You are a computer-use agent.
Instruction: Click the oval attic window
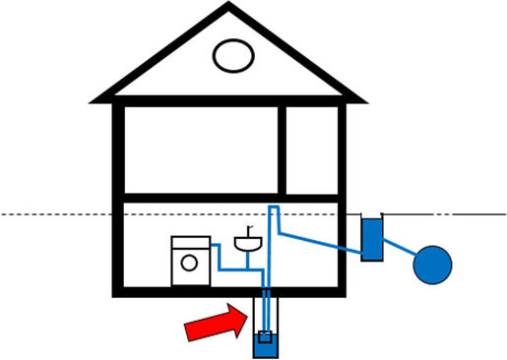tap(233, 55)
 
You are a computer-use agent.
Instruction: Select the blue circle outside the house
tap(432, 265)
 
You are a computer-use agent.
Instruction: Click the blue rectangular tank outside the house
tap(371, 239)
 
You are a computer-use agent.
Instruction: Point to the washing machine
tap(190, 261)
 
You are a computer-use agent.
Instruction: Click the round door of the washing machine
tap(188, 264)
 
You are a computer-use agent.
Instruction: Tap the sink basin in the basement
tap(246, 244)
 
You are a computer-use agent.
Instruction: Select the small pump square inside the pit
tap(264, 337)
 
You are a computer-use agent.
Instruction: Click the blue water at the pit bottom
tap(264, 347)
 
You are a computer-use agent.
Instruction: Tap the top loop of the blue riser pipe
tap(274, 208)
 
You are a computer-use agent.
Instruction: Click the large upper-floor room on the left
tap(201, 150)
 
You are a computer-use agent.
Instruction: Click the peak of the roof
tap(229, 7)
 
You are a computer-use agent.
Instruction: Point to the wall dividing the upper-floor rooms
tap(282, 150)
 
